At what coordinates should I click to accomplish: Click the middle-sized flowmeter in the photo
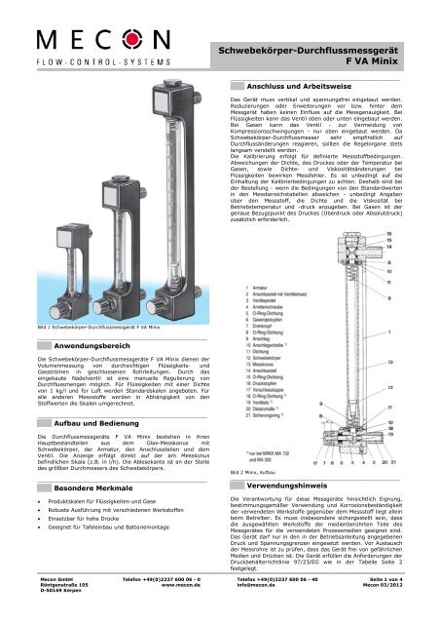click(x=85, y=268)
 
